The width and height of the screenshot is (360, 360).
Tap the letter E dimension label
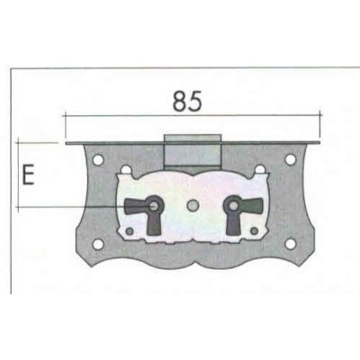pyautogui.click(x=28, y=174)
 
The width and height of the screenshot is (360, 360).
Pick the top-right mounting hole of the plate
pyautogui.click(x=291, y=160)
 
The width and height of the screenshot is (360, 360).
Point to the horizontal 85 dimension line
pyautogui.click(x=192, y=114)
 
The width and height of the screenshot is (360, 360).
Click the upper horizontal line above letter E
pyautogui.click(x=40, y=142)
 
